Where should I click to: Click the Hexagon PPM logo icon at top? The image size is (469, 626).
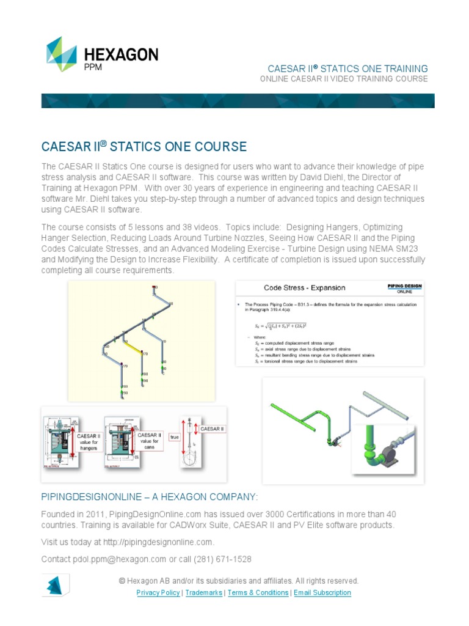click(x=62, y=54)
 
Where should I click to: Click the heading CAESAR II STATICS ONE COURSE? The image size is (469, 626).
click(x=144, y=147)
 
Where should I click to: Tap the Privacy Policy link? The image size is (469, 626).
click(x=158, y=592)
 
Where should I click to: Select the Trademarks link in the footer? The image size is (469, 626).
click(x=203, y=592)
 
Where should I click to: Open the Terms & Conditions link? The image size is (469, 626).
click(x=258, y=592)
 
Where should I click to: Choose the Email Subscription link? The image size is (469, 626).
click(x=322, y=592)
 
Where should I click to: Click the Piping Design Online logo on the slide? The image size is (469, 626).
click(x=404, y=288)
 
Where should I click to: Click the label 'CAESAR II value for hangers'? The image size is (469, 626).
click(x=89, y=441)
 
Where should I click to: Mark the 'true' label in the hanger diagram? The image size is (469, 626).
click(x=175, y=437)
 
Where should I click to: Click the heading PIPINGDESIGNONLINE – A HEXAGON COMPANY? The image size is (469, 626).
click(x=150, y=495)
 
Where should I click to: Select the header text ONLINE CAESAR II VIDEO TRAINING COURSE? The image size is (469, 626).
click(x=344, y=79)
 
